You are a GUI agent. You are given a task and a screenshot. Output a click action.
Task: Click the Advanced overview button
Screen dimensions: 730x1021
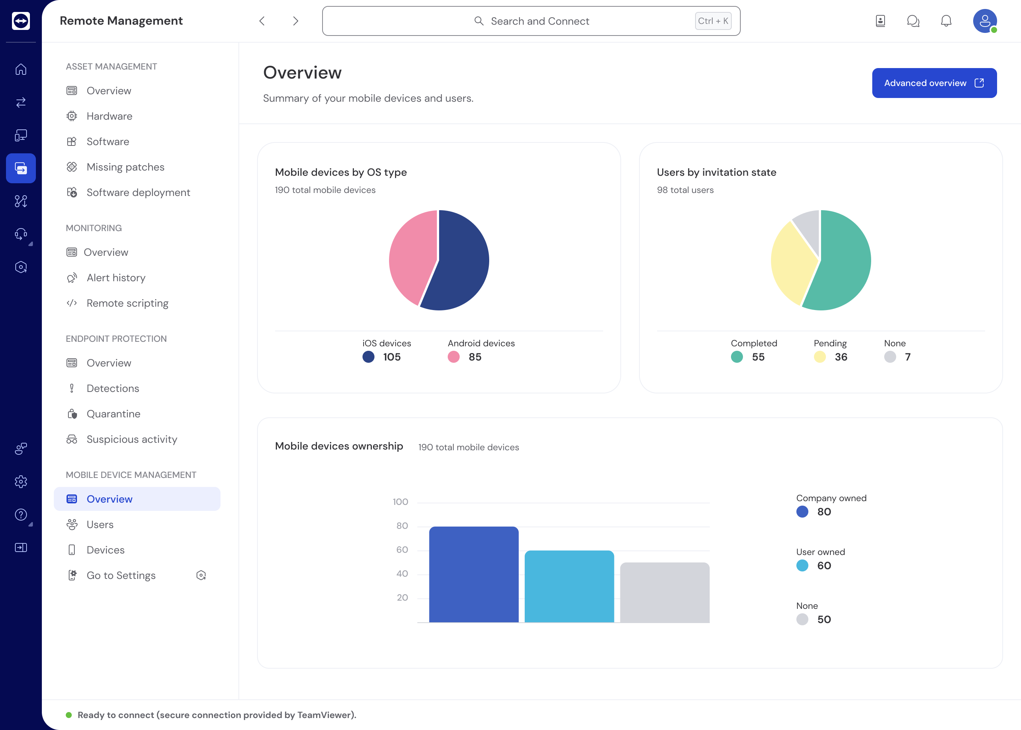(x=934, y=83)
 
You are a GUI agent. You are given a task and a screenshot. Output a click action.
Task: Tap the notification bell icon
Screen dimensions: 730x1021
(x=946, y=21)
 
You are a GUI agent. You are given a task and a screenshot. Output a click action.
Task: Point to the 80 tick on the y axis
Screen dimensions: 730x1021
(x=402, y=525)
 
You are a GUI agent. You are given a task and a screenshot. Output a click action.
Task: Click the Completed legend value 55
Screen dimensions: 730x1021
(x=758, y=357)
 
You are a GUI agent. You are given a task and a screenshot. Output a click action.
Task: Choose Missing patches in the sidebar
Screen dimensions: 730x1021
(x=125, y=167)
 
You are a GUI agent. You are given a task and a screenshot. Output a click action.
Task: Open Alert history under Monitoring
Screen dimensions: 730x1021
(x=116, y=278)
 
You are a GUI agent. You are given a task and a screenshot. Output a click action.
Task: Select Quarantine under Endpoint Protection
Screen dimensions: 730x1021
(x=113, y=414)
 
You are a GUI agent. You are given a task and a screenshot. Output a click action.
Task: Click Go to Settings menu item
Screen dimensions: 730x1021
(x=121, y=576)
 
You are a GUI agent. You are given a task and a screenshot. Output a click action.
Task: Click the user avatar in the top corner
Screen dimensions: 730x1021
(x=984, y=21)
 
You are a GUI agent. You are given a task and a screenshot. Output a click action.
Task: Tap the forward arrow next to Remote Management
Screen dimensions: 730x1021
(x=295, y=21)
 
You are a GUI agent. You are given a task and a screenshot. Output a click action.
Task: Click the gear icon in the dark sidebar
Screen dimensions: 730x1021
(x=21, y=481)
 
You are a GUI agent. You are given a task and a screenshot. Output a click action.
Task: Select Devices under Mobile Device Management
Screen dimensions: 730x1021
(x=105, y=550)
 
